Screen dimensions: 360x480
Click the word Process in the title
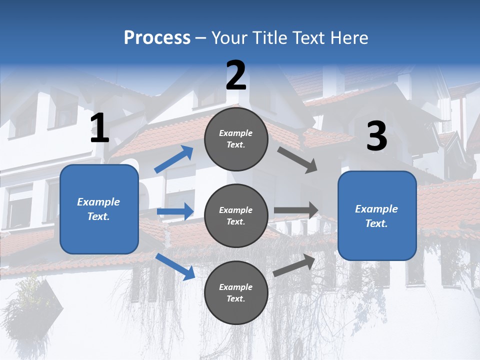157,38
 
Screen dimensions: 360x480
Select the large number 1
100,128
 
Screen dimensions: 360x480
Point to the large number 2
236,76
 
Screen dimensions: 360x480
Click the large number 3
376,136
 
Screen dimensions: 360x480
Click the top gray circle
236,139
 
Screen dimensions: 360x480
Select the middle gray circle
236,216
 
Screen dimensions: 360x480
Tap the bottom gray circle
236,293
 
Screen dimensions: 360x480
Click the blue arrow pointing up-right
174,159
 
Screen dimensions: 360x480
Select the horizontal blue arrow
175,211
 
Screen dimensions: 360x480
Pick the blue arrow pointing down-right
175,266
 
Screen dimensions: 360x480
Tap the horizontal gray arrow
296,210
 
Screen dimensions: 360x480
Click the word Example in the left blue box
98,202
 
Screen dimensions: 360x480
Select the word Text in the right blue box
376,223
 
